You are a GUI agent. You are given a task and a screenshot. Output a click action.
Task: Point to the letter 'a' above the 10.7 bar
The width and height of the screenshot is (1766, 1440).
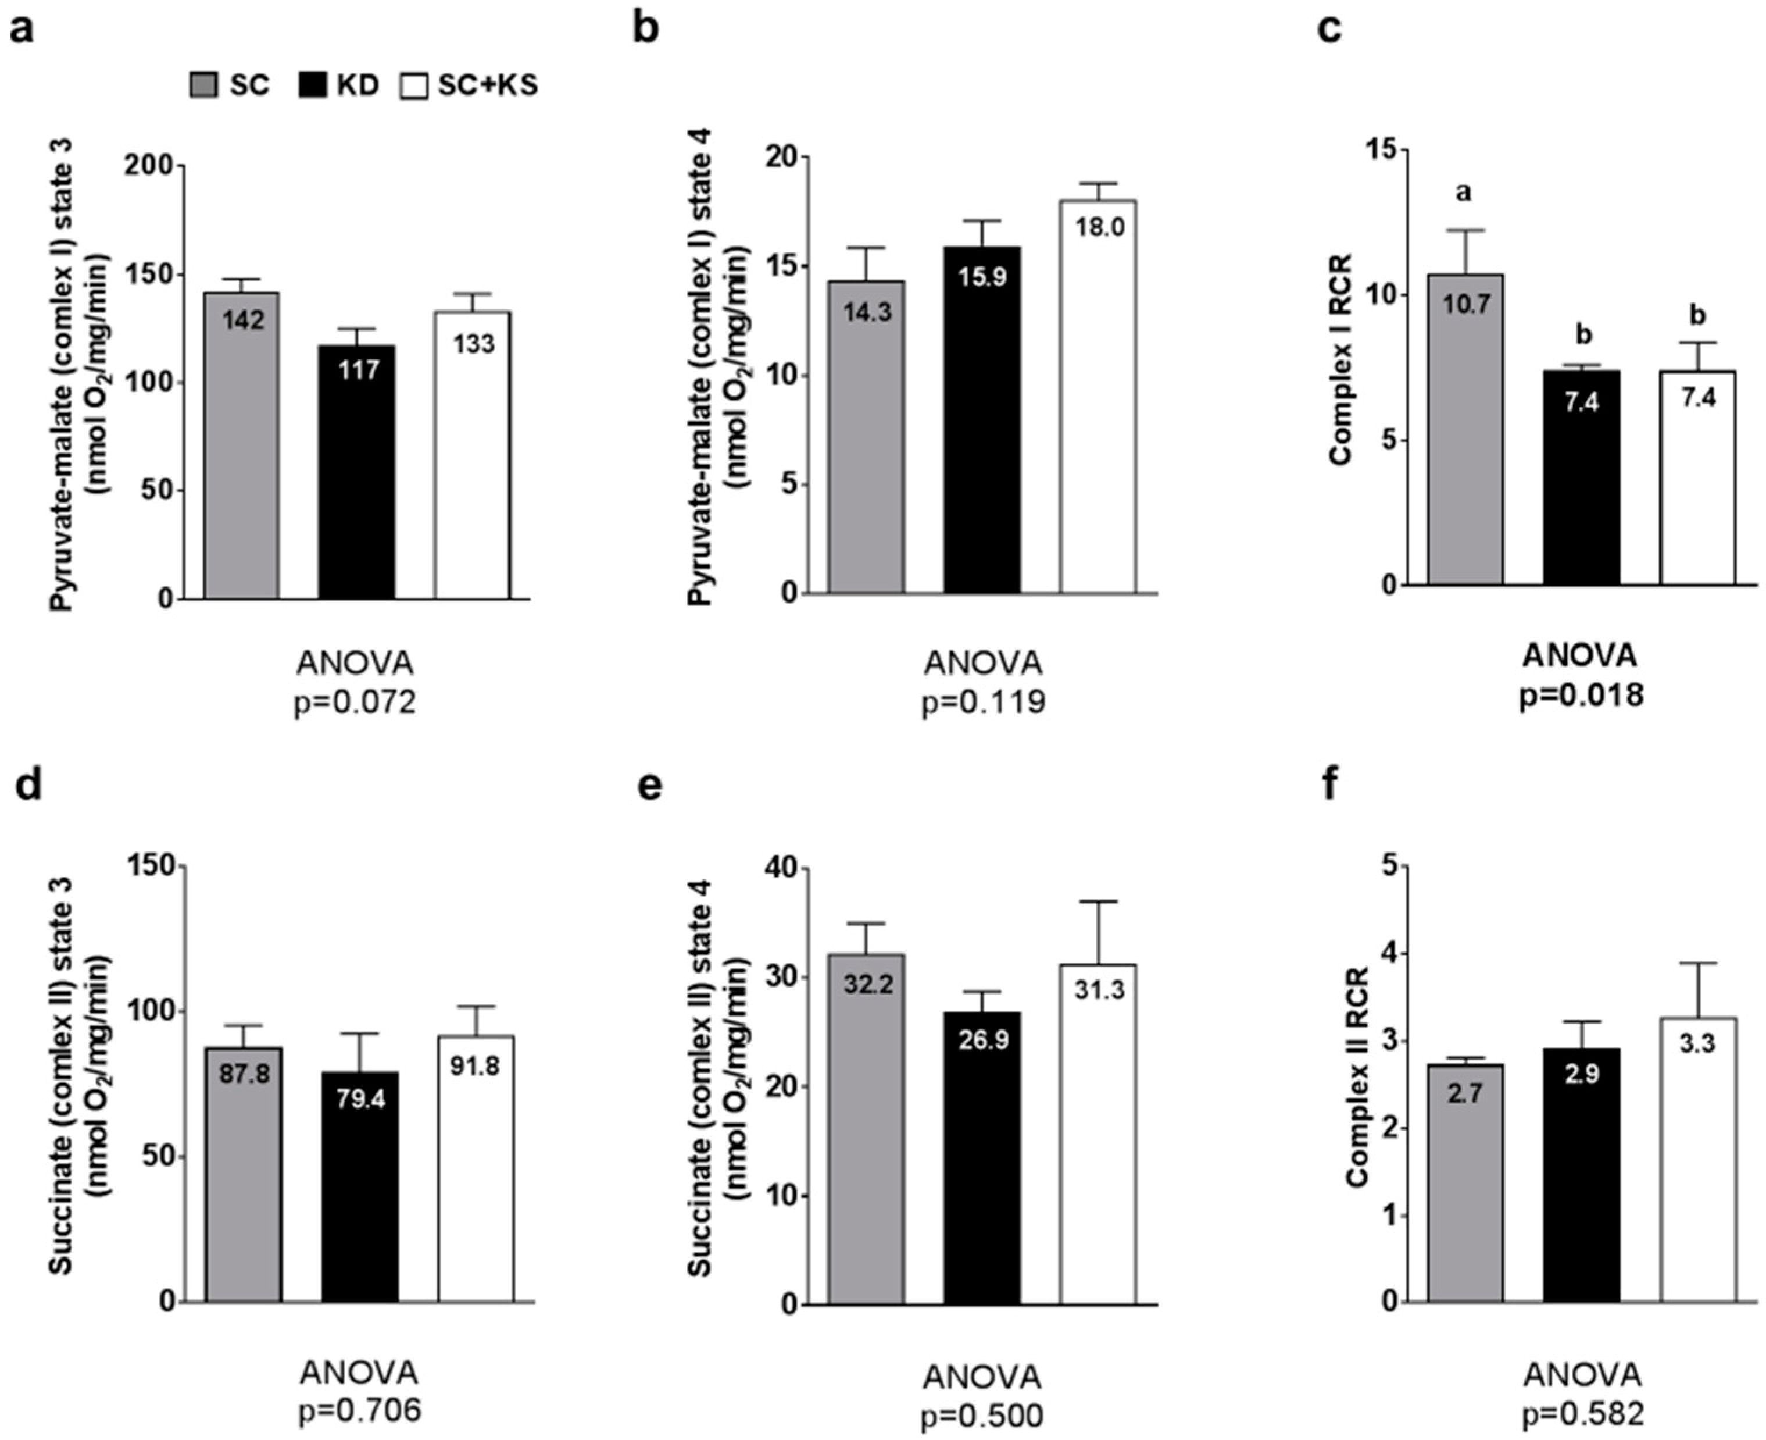click(1464, 193)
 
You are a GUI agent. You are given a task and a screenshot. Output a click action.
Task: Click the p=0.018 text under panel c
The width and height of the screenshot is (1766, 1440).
click(1581, 695)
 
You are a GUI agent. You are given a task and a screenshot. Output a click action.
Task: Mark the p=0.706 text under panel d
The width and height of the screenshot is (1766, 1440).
click(359, 1409)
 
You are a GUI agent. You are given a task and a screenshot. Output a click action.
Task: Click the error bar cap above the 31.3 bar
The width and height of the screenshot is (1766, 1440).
click(1098, 901)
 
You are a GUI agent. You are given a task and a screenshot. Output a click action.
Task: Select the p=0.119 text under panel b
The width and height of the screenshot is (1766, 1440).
click(984, 702)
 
